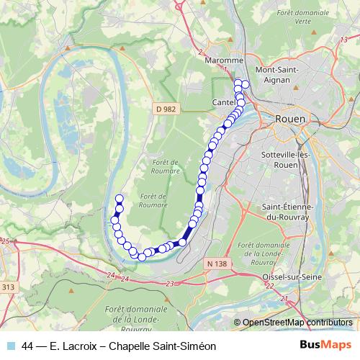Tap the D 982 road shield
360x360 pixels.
pyautogui.click(x=165, y=108)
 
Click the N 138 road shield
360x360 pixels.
pyautogui.click(x=215, y=264)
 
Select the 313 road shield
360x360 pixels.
pyautogui.click(x=8, y=287)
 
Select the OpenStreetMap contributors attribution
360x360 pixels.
pyautogui.click(x=297, y=323)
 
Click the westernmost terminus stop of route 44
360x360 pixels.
pyautogui.click(x=120, y=199)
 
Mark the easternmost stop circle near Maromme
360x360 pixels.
pyautogui.click(x=245, y=84)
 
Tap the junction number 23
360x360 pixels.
pyautogui.click(x=169, y=285)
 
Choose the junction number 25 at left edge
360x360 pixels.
pyautogui.click(x=6, y=240)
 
